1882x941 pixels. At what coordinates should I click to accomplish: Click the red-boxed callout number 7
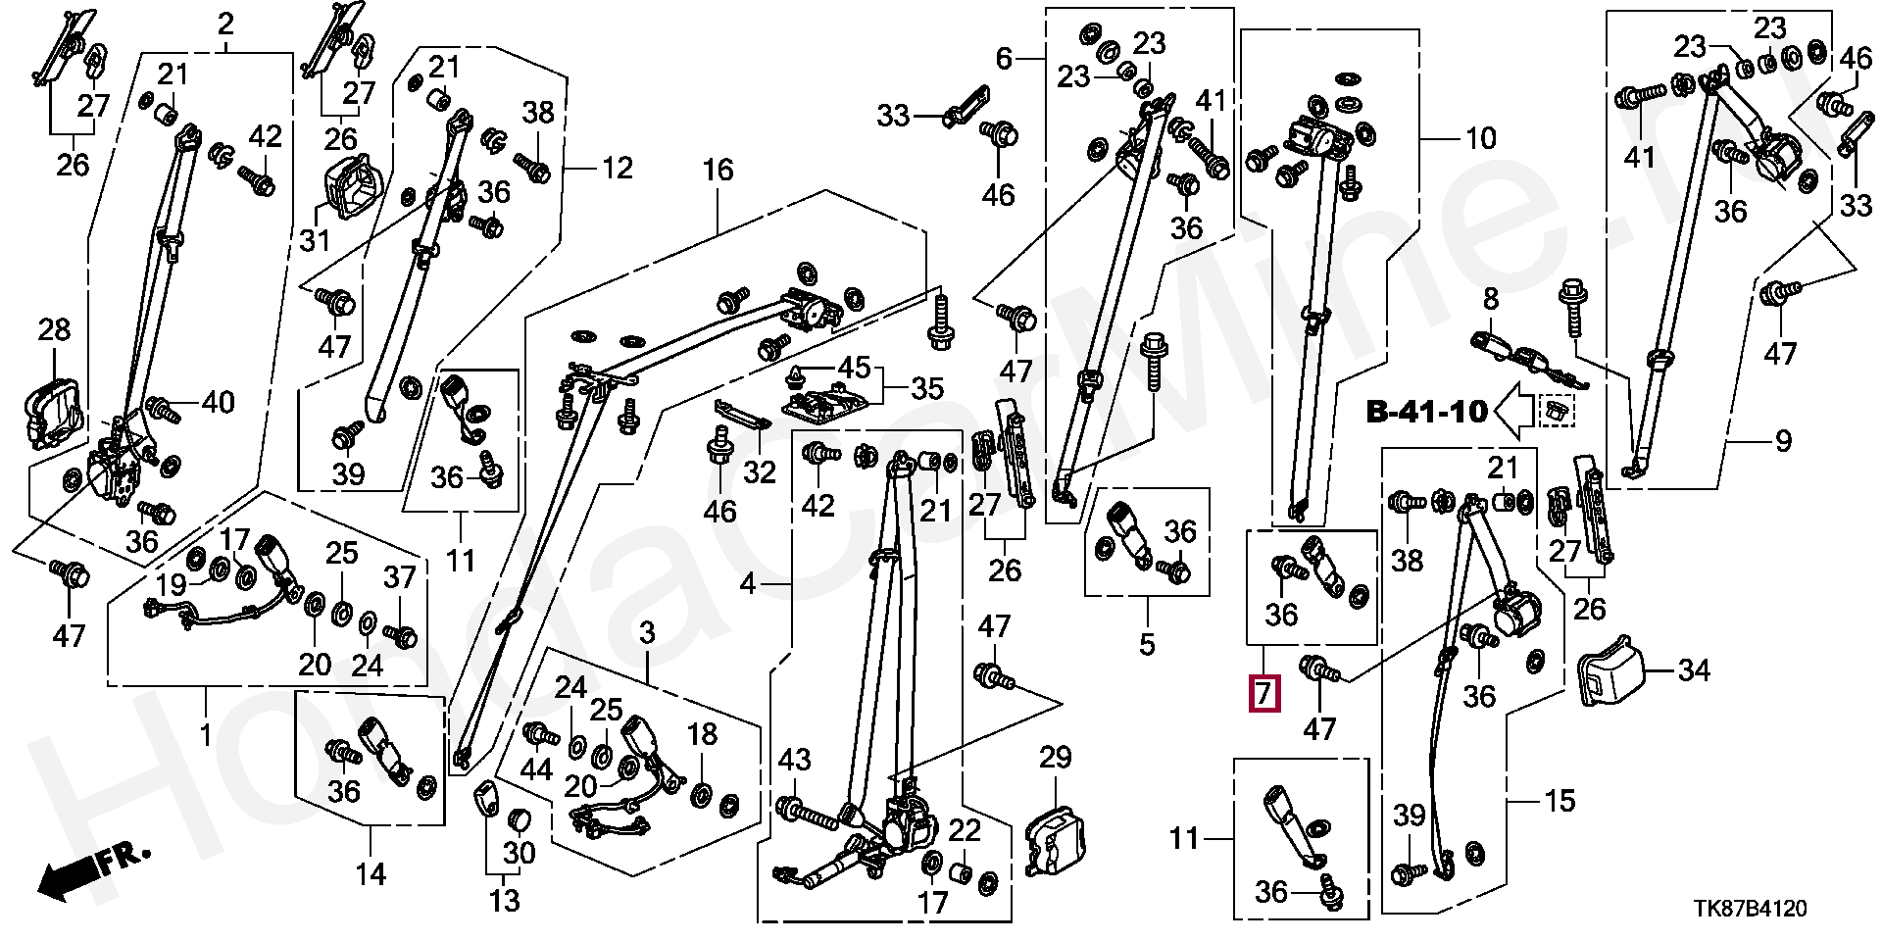pyautogui.click(x=1263, y=694)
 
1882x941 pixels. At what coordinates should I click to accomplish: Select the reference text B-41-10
pyautogui.click(x=1426, y=413)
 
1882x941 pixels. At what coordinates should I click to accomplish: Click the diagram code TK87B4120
pyautogui.click(x=1751, y=909)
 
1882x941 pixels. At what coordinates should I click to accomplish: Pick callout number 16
pyautogui.click(x=718, y=171)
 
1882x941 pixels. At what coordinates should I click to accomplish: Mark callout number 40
pyautogui.click(x=218, y=402)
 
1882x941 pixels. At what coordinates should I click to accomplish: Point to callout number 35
pyautogui.click(x=927, y=389)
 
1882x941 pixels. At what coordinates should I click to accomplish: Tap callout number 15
pyautogui.click(x=1560, y=801)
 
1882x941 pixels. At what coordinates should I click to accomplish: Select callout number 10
pyautogui.click(x=1480, y=139)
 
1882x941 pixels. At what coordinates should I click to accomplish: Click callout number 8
pyautogui.click(x=1490, y=299)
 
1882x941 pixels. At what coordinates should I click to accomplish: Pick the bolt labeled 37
pyautogui.click(x=403, y=634)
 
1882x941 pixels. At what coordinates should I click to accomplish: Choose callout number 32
pyautogui.click(x=759, y=472)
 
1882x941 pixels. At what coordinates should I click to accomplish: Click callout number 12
pyautogui.click(x=617, y=169)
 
